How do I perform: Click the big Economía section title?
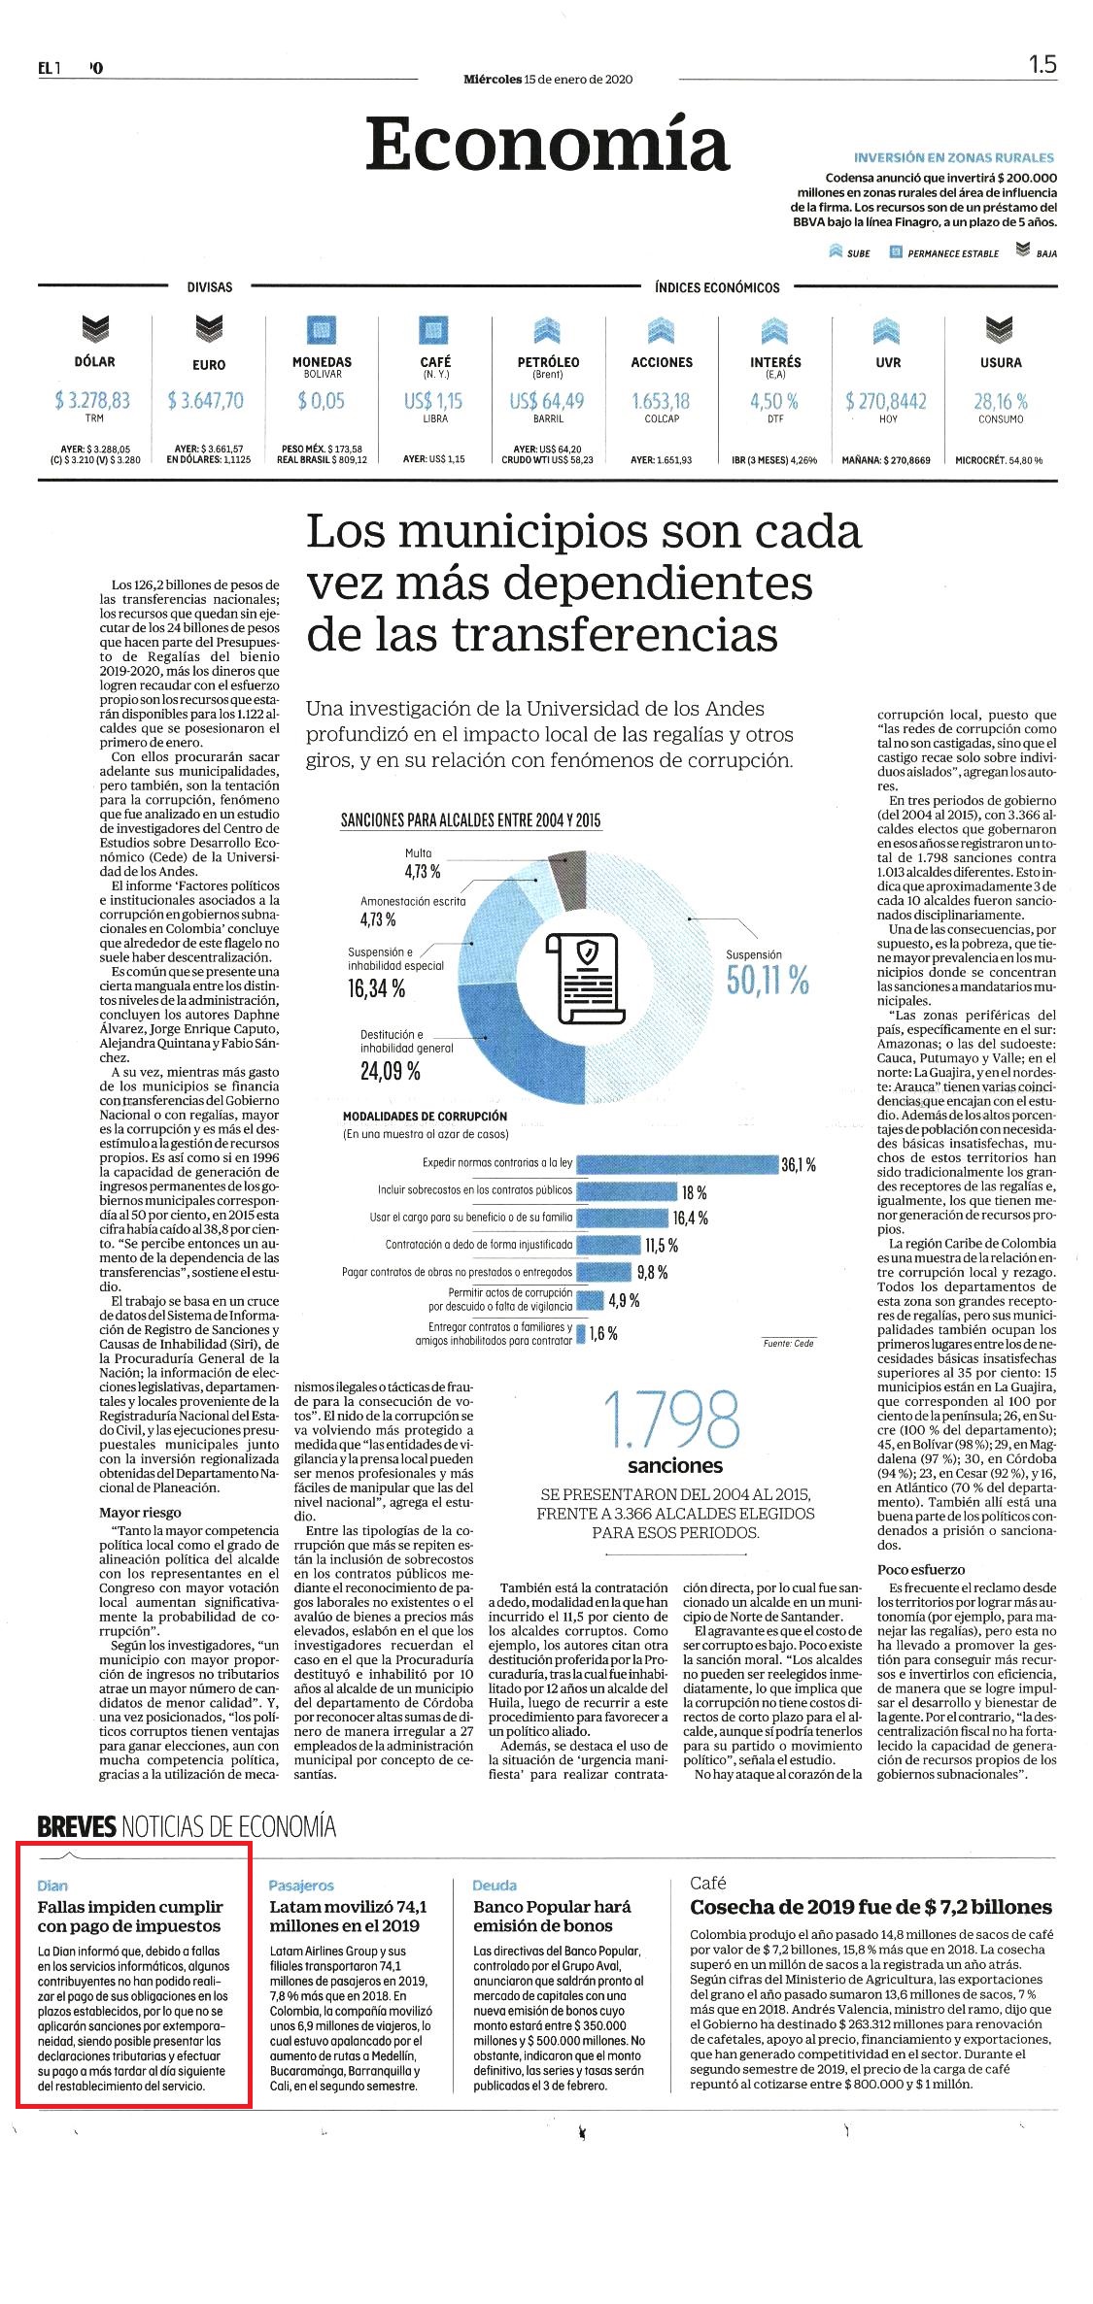[547, 144]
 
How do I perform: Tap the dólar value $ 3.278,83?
[94, 400]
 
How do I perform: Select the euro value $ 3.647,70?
[205, 400]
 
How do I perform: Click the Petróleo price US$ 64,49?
[547, 400]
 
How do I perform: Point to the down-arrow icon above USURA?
[1000, 330]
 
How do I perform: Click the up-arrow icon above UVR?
[887, 330]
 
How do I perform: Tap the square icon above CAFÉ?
[434, 330]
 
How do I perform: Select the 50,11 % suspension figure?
[768, 982]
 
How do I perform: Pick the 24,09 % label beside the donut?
[391, 1072]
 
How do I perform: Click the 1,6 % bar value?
[603, 1333]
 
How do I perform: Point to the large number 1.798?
[671, 1419]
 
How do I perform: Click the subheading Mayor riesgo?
[140, 1512]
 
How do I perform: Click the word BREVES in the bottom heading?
[77, 1827]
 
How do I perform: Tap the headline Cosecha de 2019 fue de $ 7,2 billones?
[871, 1907]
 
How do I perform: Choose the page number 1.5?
[1042, 64]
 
